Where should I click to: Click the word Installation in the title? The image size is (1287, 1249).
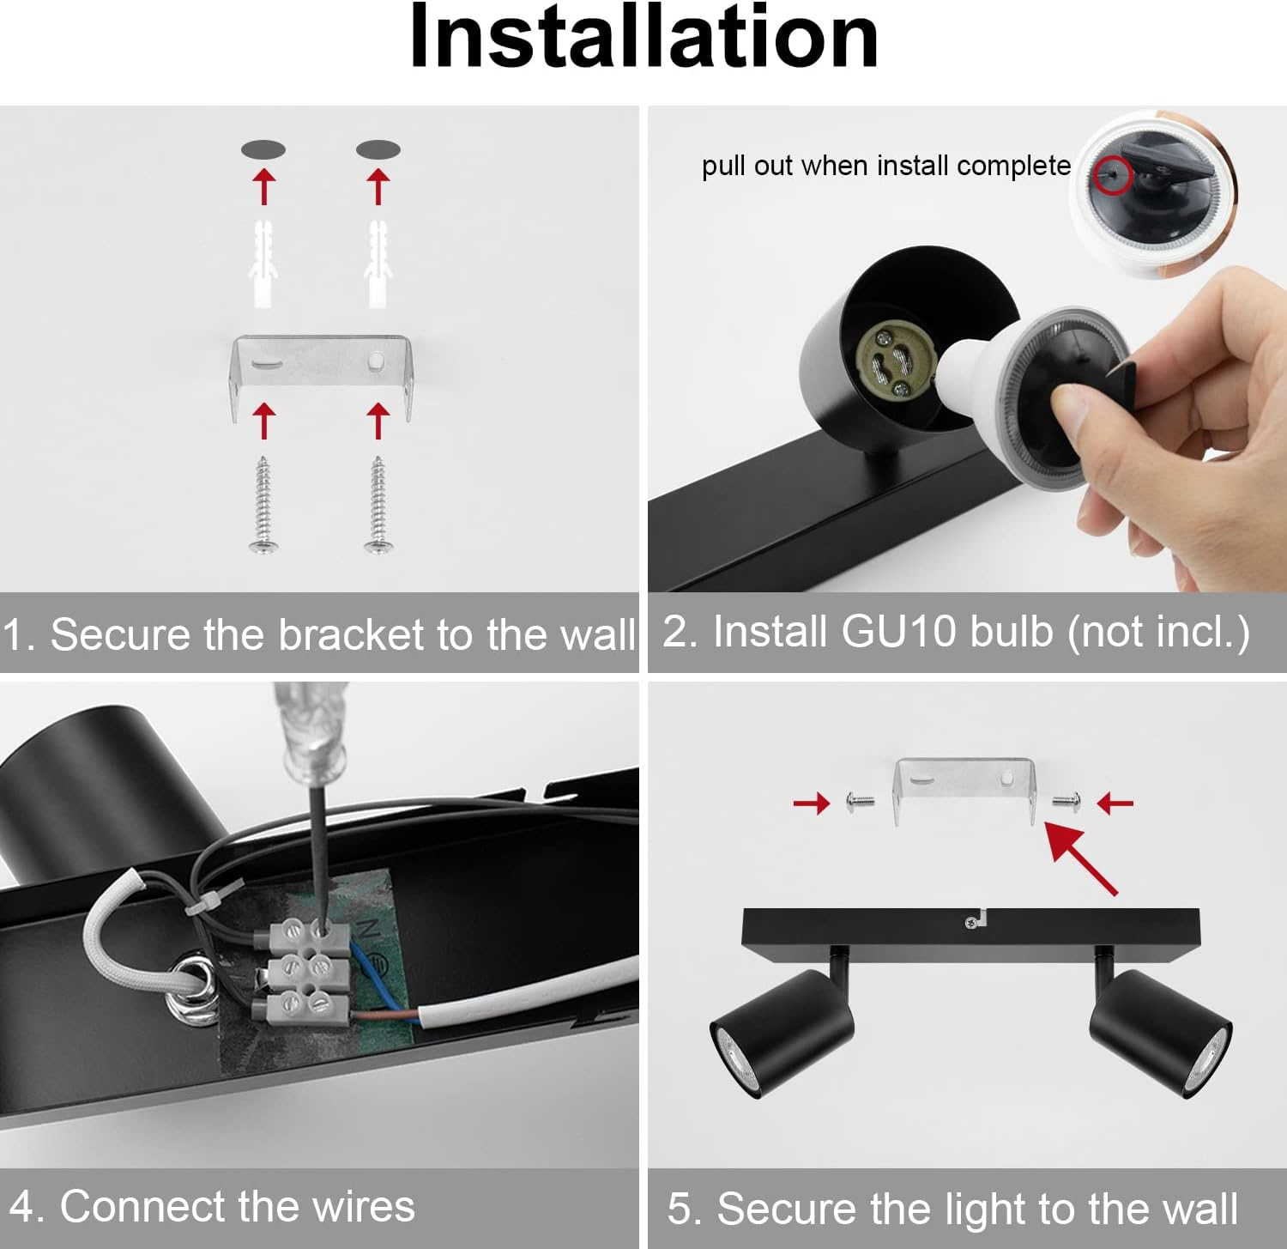pyautogui.click(x=643, y=36)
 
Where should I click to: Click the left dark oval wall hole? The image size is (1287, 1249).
pyautogui.click(x=263, y=149)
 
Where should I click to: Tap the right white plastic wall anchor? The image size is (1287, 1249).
pyautogui.click(x=378, y=264)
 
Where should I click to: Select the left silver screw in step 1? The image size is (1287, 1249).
pyautogui.click(x=263, y=506)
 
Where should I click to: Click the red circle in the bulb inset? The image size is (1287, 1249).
pyautogui.click(x=1113, y=174)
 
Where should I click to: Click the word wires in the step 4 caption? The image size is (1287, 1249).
pyautogui.click(x=364, y=1207)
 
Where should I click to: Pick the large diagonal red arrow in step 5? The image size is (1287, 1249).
pyautogui.click(x=1081, y=858)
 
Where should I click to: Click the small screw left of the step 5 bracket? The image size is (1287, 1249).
pyautogui.click(x=861, y=803)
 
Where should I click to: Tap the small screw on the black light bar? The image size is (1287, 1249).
pyautogui.click(x=970, y=923)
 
